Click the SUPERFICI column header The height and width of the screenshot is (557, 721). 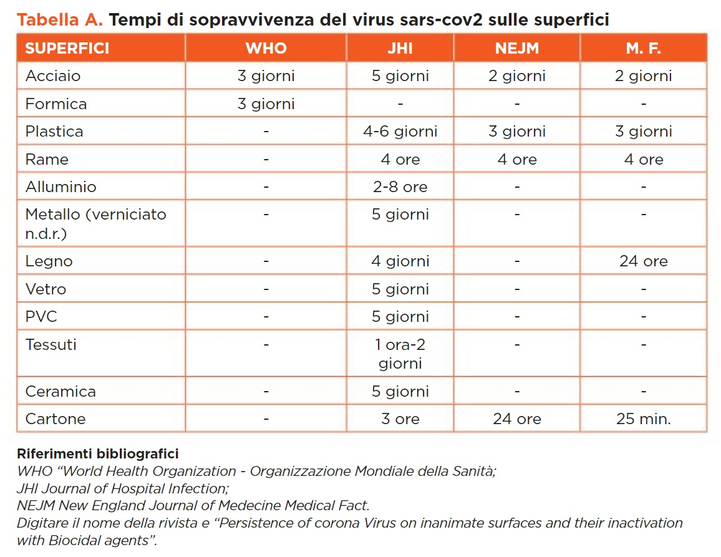click(x=67, y=48)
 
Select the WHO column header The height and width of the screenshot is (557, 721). click(x=266, y=48)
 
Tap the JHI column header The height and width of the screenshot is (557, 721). click(x=400, y=48)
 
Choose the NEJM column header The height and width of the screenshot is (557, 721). click(x=516, y=48)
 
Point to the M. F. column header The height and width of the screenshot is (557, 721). click(x=643, y=48)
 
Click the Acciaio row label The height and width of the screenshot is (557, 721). click(x=53, y=76)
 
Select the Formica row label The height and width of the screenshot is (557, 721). click(x=56, y=104)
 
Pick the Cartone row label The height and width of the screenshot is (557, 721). click(x=55, y=419)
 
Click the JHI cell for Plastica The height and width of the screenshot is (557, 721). click(x=400, y=132)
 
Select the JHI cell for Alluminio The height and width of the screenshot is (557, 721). click(x=400, y=186)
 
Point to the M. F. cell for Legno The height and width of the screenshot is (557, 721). click(x=643, y=261)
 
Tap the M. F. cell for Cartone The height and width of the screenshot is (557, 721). click(x=643, y=419)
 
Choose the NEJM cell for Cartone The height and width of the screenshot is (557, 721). click(x=516, y=419)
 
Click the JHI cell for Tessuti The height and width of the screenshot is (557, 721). click(x=400, y=354)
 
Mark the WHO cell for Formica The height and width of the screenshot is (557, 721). click(x=266, y=104)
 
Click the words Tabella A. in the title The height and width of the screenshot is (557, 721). click(x=60, y=20)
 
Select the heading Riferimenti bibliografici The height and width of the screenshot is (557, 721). click(x=97, y=453)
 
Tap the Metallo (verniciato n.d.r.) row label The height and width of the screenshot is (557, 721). click(x=95, y=223)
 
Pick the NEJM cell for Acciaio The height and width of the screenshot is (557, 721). click(x=516, y=76)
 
